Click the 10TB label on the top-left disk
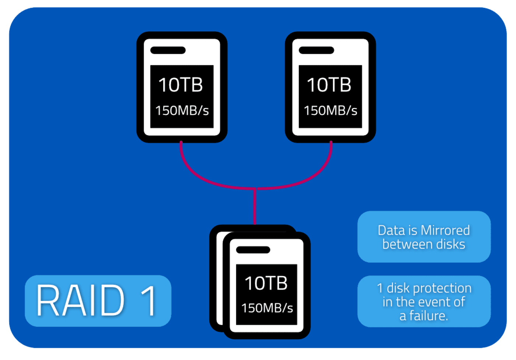pyautogui.click(x=181, y=85)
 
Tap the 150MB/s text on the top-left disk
pyautogui.click(x=182, y=110)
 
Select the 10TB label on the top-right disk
pyautogui.click(x=329, y=85)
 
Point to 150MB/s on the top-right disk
pyautogui.click(x=331, y=110)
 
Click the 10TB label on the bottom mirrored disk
pyautogui.click(x=266, y=283)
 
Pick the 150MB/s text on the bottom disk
pyautogui.click(x=267, y=308)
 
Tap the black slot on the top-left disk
pyautogui.click(x=168, y=51)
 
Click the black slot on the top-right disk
pyautogui.click(x=316, y=51)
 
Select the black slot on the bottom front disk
pyautogui.click(x=253, y=250)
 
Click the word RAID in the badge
pyautogui.click(x=81, y=301)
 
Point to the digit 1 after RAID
pyautogui.click(x=149, y=301)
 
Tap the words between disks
pyautogui.click(x=424, y=244)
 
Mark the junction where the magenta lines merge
pyautogui.click(x=255, y=189)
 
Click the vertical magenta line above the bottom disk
pyautogui.click(x=255, y=207)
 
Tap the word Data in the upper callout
pyautogui.click(x=391, y=231)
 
